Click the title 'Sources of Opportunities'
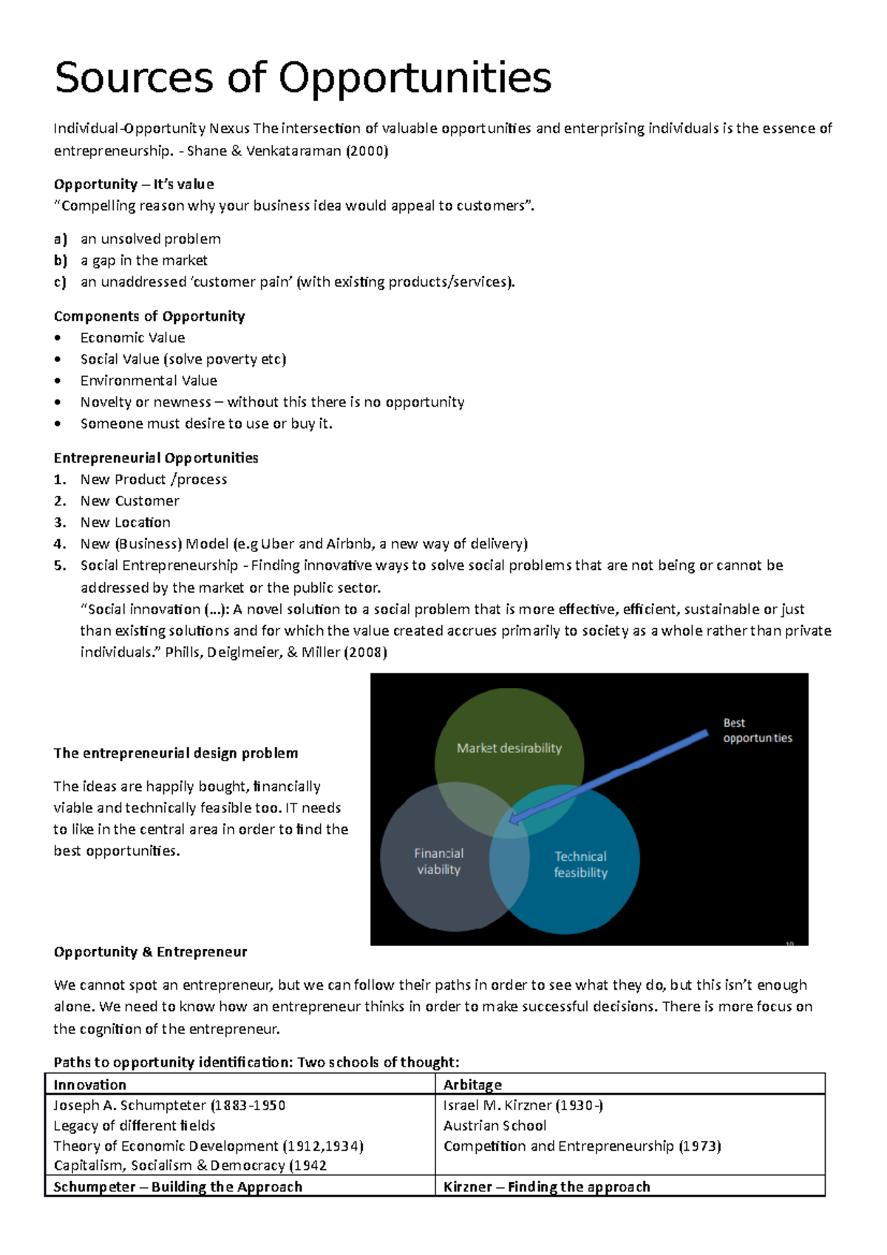click(x=303, y=78)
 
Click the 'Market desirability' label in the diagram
click(x=509, y=748)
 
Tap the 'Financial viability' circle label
click(x=438, y=861)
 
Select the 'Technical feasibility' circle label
click(x=580, y=864)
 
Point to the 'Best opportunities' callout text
click(x=757, y=730)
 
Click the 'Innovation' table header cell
click(x=90, y=1084)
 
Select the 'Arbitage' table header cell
click(x=472, y=1084)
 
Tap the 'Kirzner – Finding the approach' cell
click(x=546, y=1186)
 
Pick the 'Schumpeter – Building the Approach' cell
click(x=178, y=1186)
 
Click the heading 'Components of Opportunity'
click(x=149, y=316)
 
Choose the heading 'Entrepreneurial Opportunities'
click(x=156, y=458)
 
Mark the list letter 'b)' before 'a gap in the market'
click(x=60, y=260)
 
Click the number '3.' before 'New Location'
click(x=60, y=522)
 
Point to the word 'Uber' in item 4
click(x=278, y=544)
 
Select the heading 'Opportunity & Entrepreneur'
click(x=150, y=951)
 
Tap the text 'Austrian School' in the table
click(x=495, y=1125)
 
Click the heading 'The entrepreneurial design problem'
click(x=176, y=753)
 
